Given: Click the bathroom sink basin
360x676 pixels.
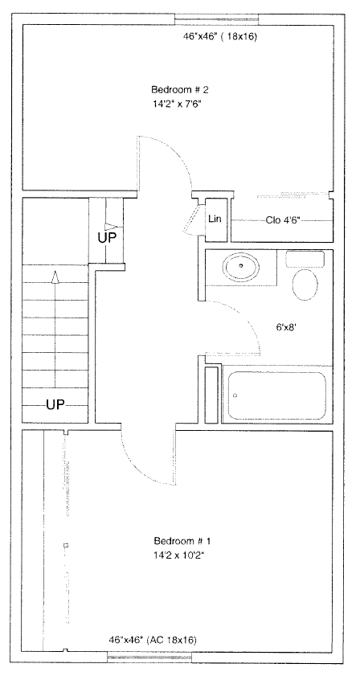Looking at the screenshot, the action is point(241,268).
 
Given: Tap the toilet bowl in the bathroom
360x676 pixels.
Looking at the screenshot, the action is point(305,285).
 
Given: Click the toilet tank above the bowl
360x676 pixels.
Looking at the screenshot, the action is point(305,259).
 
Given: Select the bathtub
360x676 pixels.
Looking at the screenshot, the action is point(276,395).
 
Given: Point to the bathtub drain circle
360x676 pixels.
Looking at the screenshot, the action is point(235,395).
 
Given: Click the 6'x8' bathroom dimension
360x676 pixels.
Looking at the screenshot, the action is point(287,327).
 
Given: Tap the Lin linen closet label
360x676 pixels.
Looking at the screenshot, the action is point(215,219).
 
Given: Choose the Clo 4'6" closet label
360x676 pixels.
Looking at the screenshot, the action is point(283,220).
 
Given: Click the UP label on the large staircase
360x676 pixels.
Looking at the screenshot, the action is point(55,404).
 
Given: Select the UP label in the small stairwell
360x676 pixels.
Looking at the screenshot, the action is point(107,238).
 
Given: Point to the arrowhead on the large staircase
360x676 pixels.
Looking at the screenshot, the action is point(55,277).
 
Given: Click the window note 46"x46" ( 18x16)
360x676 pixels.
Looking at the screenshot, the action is point(220,37).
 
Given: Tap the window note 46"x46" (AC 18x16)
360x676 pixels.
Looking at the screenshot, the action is point(153,640).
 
